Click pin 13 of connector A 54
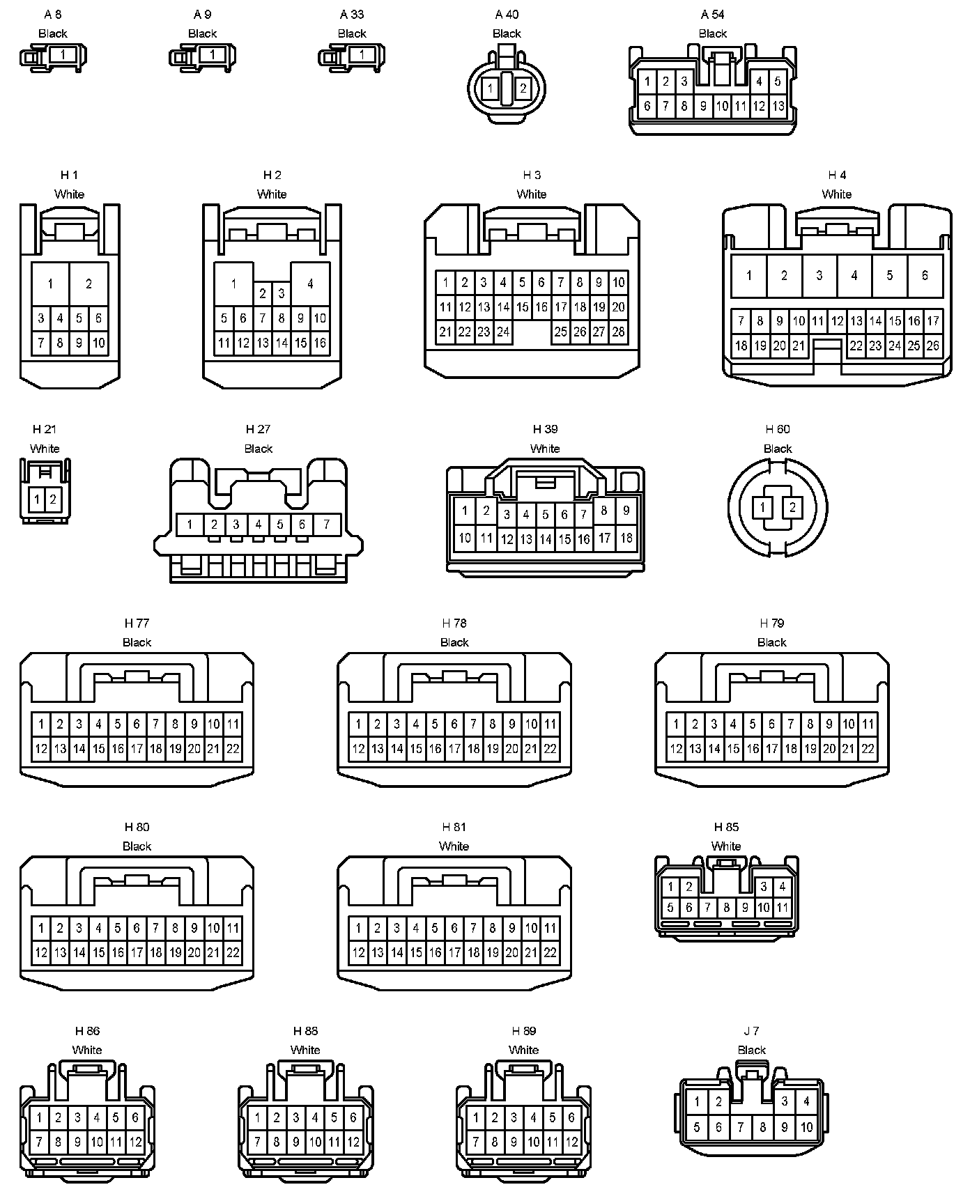coord(778,107)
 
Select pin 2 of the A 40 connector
coord(523,88)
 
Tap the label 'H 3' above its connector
coord(532,175)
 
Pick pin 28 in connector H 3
coord(618,332)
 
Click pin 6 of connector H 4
coord(925,275)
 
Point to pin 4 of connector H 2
coord(310,284)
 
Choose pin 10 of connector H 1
coord(98,343)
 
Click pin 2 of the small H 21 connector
coord(52,499)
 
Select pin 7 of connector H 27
coord(326,524)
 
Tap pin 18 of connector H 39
coord(626,538)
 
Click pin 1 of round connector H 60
coord(763,508)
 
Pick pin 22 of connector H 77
coord(233,749)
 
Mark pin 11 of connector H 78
coord(550,724)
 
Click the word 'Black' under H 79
coord(771,642)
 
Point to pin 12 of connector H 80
coord(41,952)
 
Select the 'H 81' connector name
coord(454,827)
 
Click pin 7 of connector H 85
coord(707,907)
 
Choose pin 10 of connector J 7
coord(806,1127)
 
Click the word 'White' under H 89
coord(523,1050)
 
